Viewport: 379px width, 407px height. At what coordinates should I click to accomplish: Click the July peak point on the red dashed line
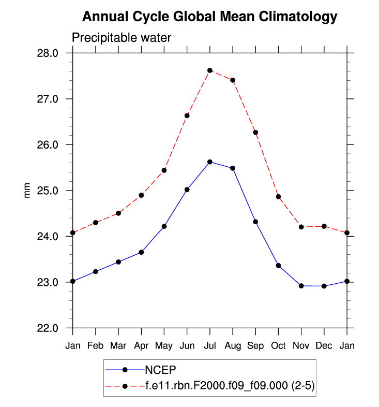click(x=210, y=70)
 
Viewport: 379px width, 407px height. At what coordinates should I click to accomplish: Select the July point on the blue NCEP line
click(x=210, y=162)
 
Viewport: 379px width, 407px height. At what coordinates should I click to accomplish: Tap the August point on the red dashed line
click(x=233, y=80)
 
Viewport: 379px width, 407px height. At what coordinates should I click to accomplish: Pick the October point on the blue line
click(x=278, y=266)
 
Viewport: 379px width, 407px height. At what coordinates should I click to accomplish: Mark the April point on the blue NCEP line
click(x=141, y=252)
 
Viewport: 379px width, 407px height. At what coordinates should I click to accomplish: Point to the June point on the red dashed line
click(x=187, y=115)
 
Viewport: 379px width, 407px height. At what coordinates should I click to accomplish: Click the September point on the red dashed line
click(x=255, y=133)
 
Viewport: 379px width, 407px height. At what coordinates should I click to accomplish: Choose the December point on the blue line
click(x=324, y=286)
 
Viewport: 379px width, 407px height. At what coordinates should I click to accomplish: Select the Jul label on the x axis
click(x=210, y=345)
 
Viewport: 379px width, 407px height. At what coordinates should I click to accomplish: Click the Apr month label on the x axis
click(x=141, y=345)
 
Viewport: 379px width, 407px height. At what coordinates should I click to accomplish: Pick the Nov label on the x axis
click(x=301, y=345)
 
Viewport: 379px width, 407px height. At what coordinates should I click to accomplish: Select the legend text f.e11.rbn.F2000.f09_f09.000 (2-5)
click(x=229, y=386)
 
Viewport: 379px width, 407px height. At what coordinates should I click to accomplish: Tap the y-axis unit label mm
click(x=28, y=191)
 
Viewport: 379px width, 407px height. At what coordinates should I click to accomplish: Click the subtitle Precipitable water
click(x=121, y=38)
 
